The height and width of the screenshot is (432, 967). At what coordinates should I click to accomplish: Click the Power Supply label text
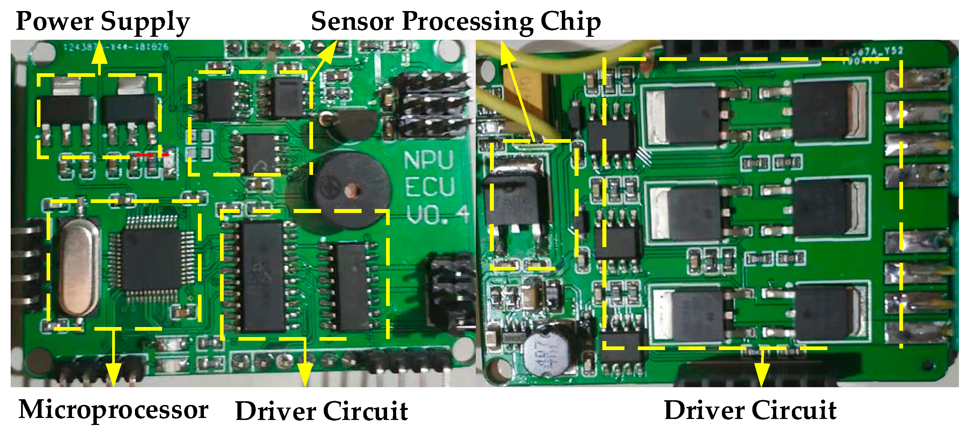pos(103,21)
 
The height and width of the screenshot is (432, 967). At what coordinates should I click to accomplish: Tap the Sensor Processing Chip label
pos(455,21)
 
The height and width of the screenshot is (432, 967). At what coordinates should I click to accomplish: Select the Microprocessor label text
pos(114,410)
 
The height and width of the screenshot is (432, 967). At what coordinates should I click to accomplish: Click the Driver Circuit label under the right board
pos(750,410)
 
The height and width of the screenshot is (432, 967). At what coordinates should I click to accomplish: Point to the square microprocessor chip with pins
pos(152,259)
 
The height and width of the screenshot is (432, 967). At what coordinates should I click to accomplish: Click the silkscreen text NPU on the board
pos(429,160)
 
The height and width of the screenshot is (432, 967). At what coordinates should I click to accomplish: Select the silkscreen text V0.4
pos(437,215)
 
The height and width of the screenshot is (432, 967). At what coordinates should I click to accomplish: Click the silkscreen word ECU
pos(430,187)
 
